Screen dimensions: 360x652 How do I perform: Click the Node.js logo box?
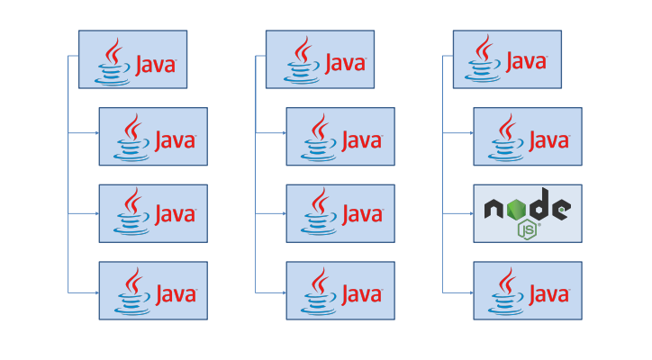pyautogui.click(x=527, y=213)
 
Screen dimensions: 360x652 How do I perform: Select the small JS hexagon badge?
pyautogui.click(x=528, y=230)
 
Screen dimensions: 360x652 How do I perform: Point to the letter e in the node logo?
pyautogui.click(x=560, y=210)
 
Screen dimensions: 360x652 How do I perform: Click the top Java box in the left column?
pyautogui.click(x=132, y=59)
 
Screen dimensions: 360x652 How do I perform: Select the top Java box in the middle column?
pyautogui.click(x=320, y=59)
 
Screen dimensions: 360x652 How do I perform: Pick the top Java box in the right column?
pyautogui.click(x=507, y=59)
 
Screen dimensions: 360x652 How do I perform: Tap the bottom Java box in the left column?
pyautogui.click(x=153, y=291)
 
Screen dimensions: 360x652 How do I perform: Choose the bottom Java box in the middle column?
pyautogui.click(x=340, y=291)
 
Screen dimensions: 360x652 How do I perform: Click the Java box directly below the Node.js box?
pyautogui.click(x=527, y=291)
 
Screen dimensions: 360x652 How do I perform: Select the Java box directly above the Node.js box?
pyautogui.click(x=527, y=137)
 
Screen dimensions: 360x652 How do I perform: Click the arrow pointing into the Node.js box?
pyautogui.click(x=468, y=214)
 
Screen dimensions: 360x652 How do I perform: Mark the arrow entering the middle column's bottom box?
pyautogui.click(x=281, y=292)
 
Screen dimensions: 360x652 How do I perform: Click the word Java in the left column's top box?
pyautogui.click(x=155, y=64)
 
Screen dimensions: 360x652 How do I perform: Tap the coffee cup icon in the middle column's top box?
pyautogui.click(x=299, y=59)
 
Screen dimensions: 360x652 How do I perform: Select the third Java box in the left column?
pyautogui.click(x=153, y=213)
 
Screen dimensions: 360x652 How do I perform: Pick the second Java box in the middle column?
pyautogui.click(x=340, y=137)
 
